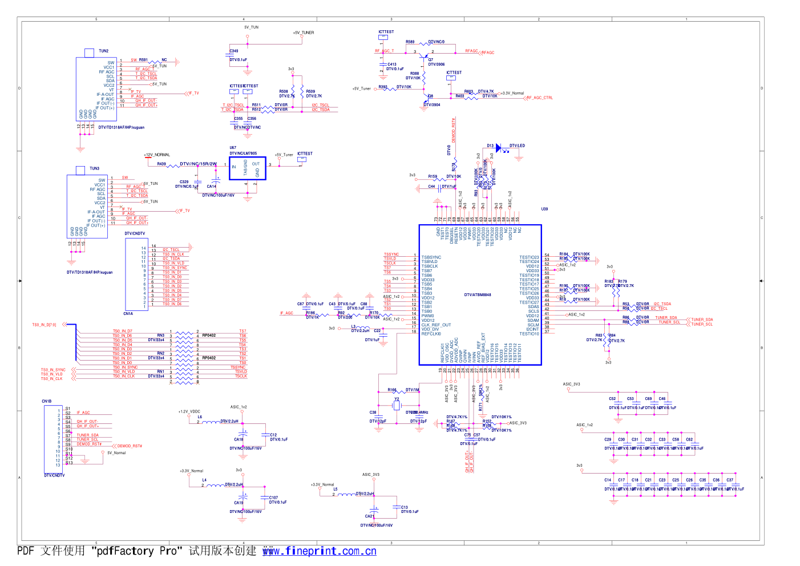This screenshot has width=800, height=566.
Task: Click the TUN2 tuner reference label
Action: pyautogui.click(x=103, y=51)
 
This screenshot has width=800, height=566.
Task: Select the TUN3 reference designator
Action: pyautogui.click(x=94, y=169)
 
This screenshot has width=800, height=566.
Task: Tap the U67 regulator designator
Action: pyautogui.click(x=233, y=148)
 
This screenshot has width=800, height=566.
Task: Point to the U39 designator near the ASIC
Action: pyautogui.click(x=544, y=209)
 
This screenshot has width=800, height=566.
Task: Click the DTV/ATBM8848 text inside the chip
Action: pyautogui.click(x=478, y=295)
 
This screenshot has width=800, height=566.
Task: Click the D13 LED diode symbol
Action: pyautogui.click(x=498, y=148)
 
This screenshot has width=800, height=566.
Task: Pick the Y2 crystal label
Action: pyautogui.click(x=397, y=399)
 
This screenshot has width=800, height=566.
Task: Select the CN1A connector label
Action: pyautogui.click(x=128, y=314)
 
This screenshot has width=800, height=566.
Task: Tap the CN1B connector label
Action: pyautogui.click(x=46, y=401)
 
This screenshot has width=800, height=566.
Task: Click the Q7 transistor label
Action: pyautogui.click(x=431, y=59)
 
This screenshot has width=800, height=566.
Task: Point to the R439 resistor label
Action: pyautogui.click(x=161, y=164)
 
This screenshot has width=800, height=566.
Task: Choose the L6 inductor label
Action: pyautogui.click(x=200, y=417)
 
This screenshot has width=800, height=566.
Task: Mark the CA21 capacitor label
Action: pyautogui.click(x=370, y=516)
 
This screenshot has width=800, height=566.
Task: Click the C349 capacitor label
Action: pyautogui.click(x=234, y=51)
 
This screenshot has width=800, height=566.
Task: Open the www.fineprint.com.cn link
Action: pyautogui.click(x=319, y=551)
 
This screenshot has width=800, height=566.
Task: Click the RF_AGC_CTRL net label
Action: pyautogui.click(x=540, y=98)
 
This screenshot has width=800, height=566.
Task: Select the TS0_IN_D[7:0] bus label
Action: pyautogui.click(x=44, y=325)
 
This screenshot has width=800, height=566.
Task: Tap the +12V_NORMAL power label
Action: pyautogui.click(x=157, y=155)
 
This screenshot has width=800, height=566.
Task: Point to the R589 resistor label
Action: pyautogui.click(x=410, y=42)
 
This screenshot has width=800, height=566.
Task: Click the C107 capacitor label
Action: pyautogui.click(x=274, y=498)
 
